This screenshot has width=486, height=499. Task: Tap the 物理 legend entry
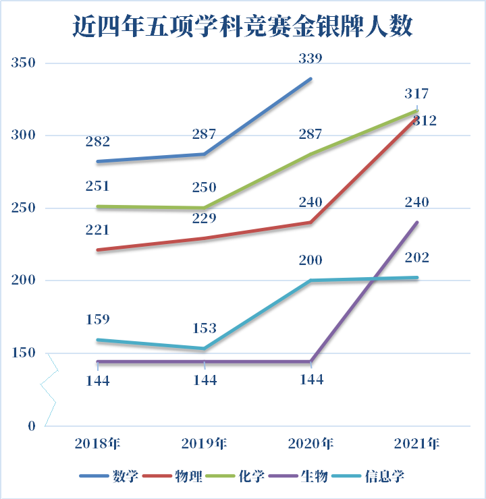(190, 476)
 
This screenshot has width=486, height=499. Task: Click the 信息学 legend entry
(385, 476)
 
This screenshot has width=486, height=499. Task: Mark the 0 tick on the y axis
(30, 425)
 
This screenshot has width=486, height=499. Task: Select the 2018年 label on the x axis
(98, 444)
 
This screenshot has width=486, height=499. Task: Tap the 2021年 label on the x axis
(416, 444)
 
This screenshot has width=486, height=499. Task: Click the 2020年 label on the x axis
(310, 444)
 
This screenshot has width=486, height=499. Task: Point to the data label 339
(310, 59)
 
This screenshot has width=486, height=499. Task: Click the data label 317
(416, 94)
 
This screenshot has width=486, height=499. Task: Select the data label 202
(416, 258)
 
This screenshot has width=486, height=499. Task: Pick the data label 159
(98, 319)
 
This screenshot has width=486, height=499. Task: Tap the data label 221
(98, 230)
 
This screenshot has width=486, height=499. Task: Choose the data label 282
(98, 142)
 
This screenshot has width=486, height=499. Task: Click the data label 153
(205, 329)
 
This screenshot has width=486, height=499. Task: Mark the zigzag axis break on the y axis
(49, 387)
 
